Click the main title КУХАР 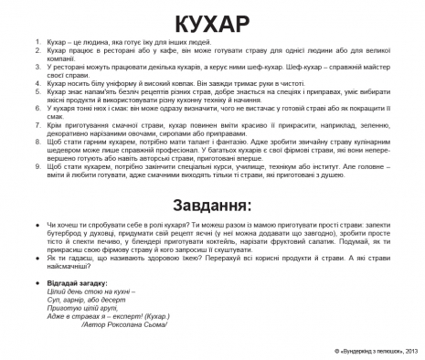point(212,20)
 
